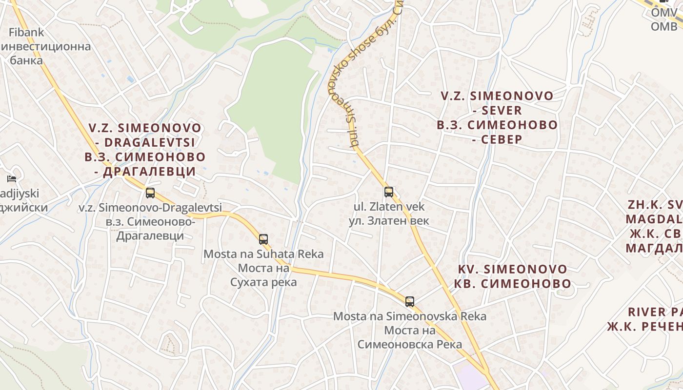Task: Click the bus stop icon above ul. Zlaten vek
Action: pos(388,192)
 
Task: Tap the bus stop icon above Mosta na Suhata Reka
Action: pos(263,239)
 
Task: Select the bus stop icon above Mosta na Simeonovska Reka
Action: pos(410,302)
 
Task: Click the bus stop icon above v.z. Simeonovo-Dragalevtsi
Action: pos(150,193)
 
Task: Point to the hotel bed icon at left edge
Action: pos(12,179)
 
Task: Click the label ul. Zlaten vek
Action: pos(389,207)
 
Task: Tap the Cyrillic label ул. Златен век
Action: pos(389,221)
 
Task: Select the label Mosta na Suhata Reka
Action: pos(263,254)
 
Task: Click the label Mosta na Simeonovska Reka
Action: pos(410,316)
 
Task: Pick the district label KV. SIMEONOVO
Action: pos(512,270)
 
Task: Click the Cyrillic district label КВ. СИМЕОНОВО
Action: pos(512,284)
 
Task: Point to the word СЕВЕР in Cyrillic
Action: pos(502,139)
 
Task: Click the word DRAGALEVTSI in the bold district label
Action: pos(150,142)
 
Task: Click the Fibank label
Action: pos(26,33)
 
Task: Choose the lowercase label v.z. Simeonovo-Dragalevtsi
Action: pos(150,207)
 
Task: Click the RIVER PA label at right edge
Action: pos(654,312)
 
